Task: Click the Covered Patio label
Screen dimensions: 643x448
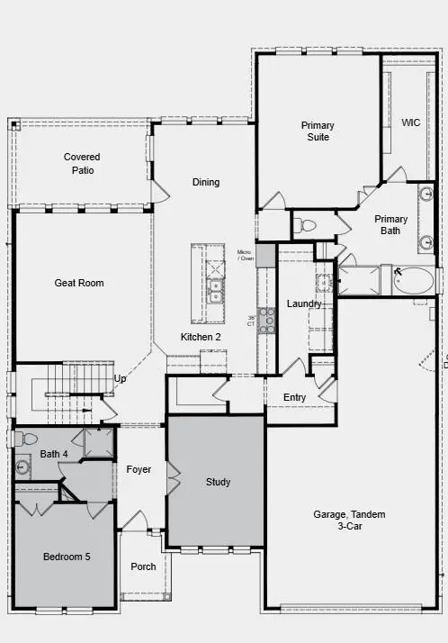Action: pos(82,163)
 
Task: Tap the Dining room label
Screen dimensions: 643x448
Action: pos(206,183)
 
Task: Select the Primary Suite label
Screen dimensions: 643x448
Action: pos(318,131)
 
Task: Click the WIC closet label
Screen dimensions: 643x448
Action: pos(411,122)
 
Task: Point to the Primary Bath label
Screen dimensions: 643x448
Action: pos(391,225)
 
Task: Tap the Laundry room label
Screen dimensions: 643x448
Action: pos(304,304)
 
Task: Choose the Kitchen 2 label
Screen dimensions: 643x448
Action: pos(201,338)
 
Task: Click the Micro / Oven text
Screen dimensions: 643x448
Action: pos(245,256)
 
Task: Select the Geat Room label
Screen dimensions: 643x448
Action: pos(79,284)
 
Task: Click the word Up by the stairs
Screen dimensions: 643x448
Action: pos(121,379)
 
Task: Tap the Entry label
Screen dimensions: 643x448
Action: pos(294,398)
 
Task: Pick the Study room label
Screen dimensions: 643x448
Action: pos(219,483)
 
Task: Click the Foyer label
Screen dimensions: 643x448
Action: pos(139,470)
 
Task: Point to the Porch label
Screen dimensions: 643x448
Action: pos(143,567)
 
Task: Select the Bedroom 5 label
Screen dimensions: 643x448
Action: pos(67,557)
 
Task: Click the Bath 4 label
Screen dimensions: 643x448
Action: pos(53,455)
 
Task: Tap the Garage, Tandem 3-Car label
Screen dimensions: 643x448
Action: pos(349,520)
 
